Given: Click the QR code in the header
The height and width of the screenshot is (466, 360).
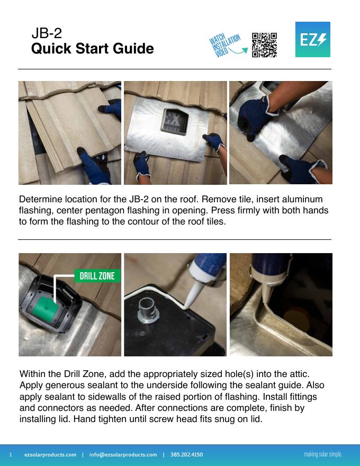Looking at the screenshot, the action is (x=264, y=45).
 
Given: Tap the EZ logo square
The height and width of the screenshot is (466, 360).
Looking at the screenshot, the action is (x=313, y=39).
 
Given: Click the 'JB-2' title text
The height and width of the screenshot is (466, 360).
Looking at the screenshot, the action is (x=47, y=33).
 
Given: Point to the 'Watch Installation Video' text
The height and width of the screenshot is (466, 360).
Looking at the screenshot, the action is (x=224, y=44).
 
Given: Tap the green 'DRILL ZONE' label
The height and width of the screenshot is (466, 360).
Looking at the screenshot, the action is (x=97, y=276).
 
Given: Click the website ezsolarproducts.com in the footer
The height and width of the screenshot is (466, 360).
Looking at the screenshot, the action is (x=50, y=455).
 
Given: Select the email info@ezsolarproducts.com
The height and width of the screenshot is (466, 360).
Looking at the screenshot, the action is (x=123, y=455).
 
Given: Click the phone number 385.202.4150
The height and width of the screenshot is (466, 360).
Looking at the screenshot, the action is (x=186, y=455).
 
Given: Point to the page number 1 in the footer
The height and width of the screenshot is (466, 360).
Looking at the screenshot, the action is (x=11, y=455).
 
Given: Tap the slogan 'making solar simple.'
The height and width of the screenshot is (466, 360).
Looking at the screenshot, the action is (x=323, y=454).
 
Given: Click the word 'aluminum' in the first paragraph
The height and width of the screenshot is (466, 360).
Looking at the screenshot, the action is (x=302, y=199).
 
